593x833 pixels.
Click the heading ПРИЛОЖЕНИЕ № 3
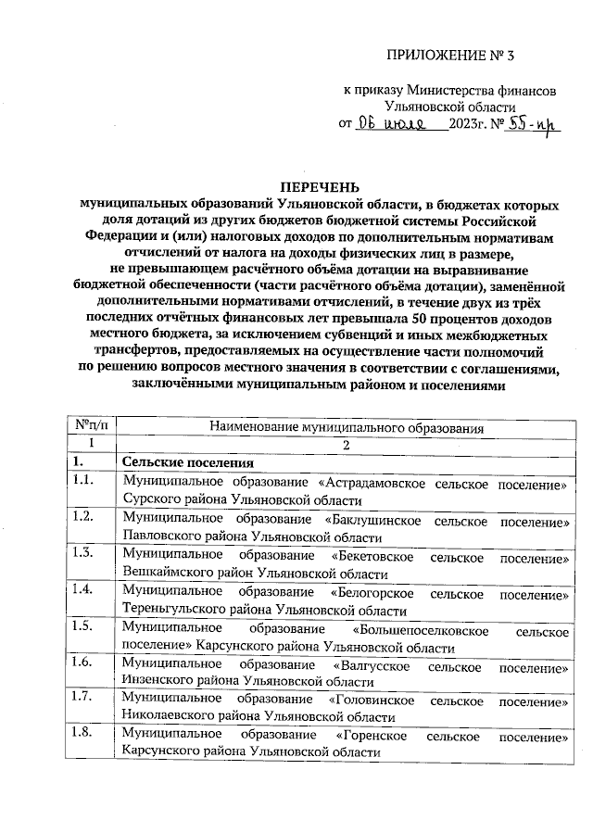click(448, 56)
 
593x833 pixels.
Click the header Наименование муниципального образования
click(347, 426)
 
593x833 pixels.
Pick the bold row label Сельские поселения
click(183, 462)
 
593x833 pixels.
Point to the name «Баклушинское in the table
click(373, 520)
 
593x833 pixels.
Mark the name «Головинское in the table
click(375, 700)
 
